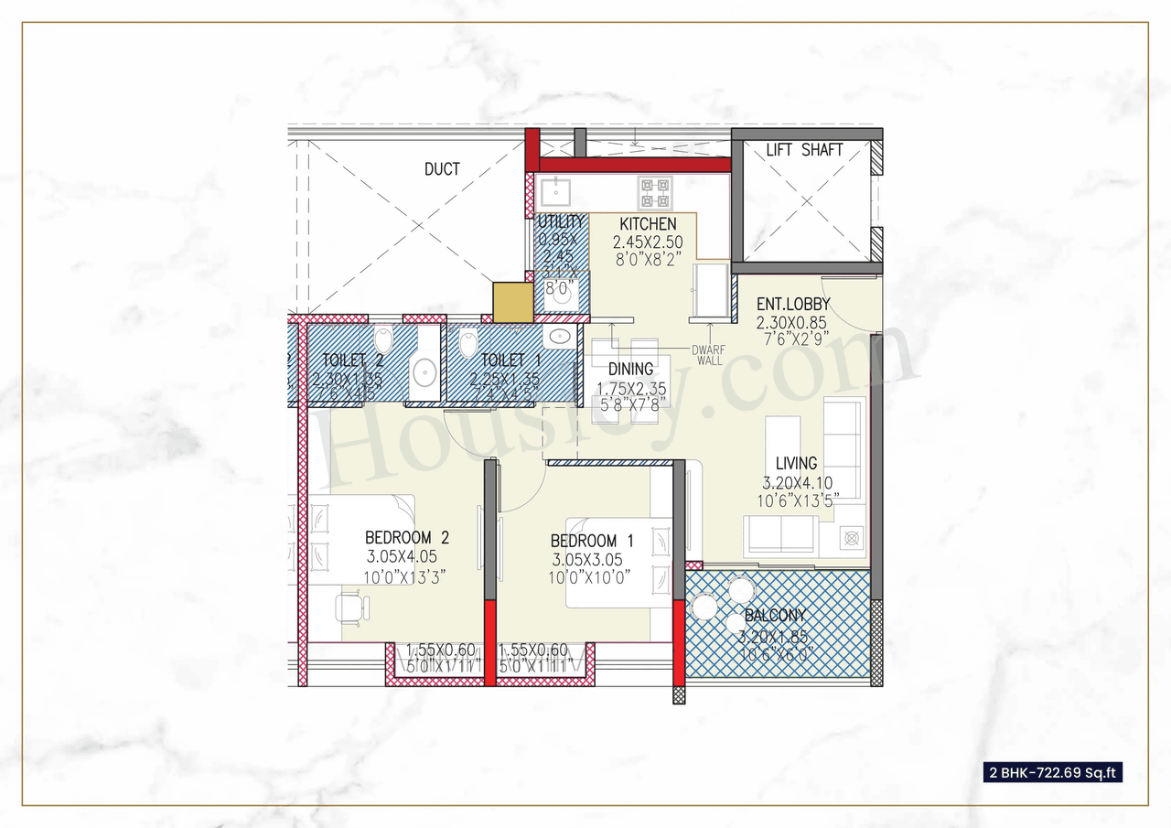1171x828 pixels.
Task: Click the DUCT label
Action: (442, 169)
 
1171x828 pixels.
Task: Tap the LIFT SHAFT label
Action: (804, 150)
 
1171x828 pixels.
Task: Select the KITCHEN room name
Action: (648, 224)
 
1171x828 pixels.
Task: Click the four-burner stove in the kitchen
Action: (655, 193)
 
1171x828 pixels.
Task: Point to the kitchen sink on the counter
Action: (554, 193)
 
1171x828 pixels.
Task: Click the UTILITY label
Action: (560, 222)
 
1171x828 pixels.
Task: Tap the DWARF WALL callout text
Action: (708, 355)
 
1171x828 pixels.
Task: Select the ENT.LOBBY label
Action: (793, 304)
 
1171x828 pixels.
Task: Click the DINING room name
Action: (631, 369)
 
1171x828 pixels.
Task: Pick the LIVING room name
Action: (796, 464)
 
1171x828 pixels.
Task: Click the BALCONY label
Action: (775, 616)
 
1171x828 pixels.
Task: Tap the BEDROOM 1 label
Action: (592, 541)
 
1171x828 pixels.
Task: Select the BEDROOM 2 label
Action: (407, 537)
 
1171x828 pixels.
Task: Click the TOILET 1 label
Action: (502, 360)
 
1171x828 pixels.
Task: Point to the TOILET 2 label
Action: (351, 360)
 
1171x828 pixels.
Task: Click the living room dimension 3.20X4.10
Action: (798, 484)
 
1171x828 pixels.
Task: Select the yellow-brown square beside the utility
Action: (511, 302)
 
